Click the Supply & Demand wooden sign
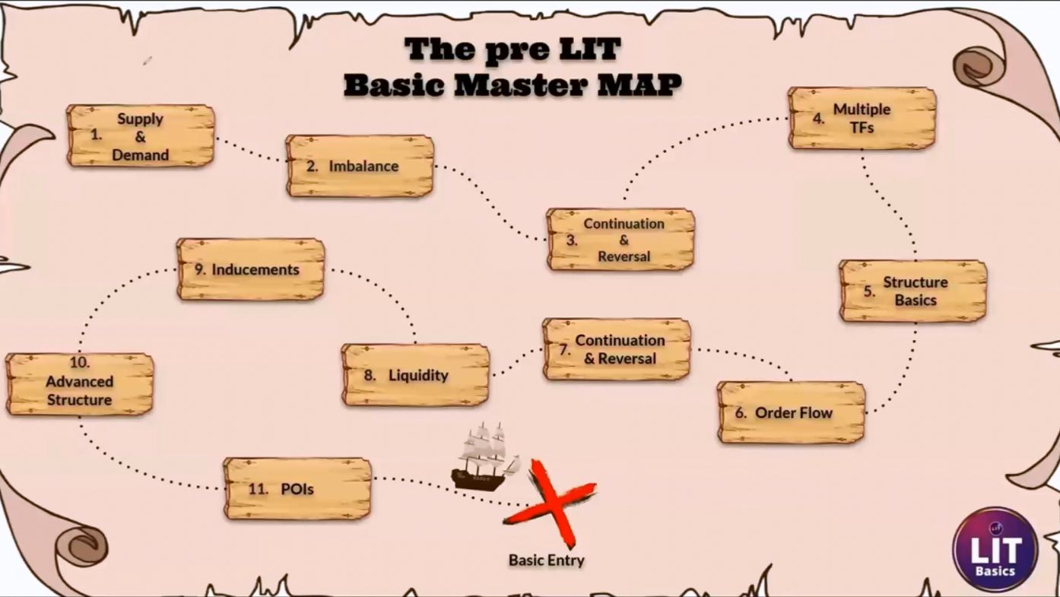click(141, 136)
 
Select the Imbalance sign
click(360, 166)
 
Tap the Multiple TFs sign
click(862, 119)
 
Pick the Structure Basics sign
click(913, 291)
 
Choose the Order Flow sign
click(792, 412)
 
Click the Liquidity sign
click(415, 375)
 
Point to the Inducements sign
click(251, 269)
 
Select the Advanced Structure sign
click(80, 384)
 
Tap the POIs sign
click(297, 488)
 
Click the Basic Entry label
click(547, 560)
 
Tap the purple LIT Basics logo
click(995, 549)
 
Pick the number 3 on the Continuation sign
click(572, 240)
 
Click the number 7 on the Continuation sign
click(564, 350)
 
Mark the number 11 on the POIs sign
click(259, 488)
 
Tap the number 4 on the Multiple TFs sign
click(819, 119)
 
